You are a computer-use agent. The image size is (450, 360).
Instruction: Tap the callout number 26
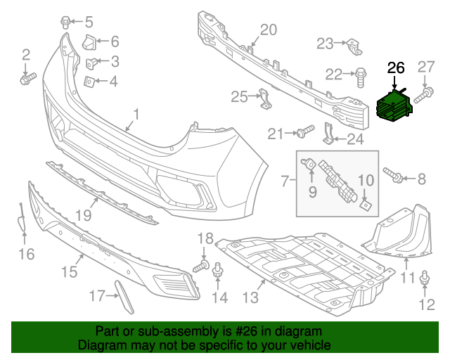(x=397, y=68)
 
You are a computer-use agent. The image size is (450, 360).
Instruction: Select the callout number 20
(x=269, y=30)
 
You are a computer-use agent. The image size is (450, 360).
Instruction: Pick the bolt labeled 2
(x=26, y=79)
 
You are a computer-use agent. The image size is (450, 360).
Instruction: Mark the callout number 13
(x=250, y=299)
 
